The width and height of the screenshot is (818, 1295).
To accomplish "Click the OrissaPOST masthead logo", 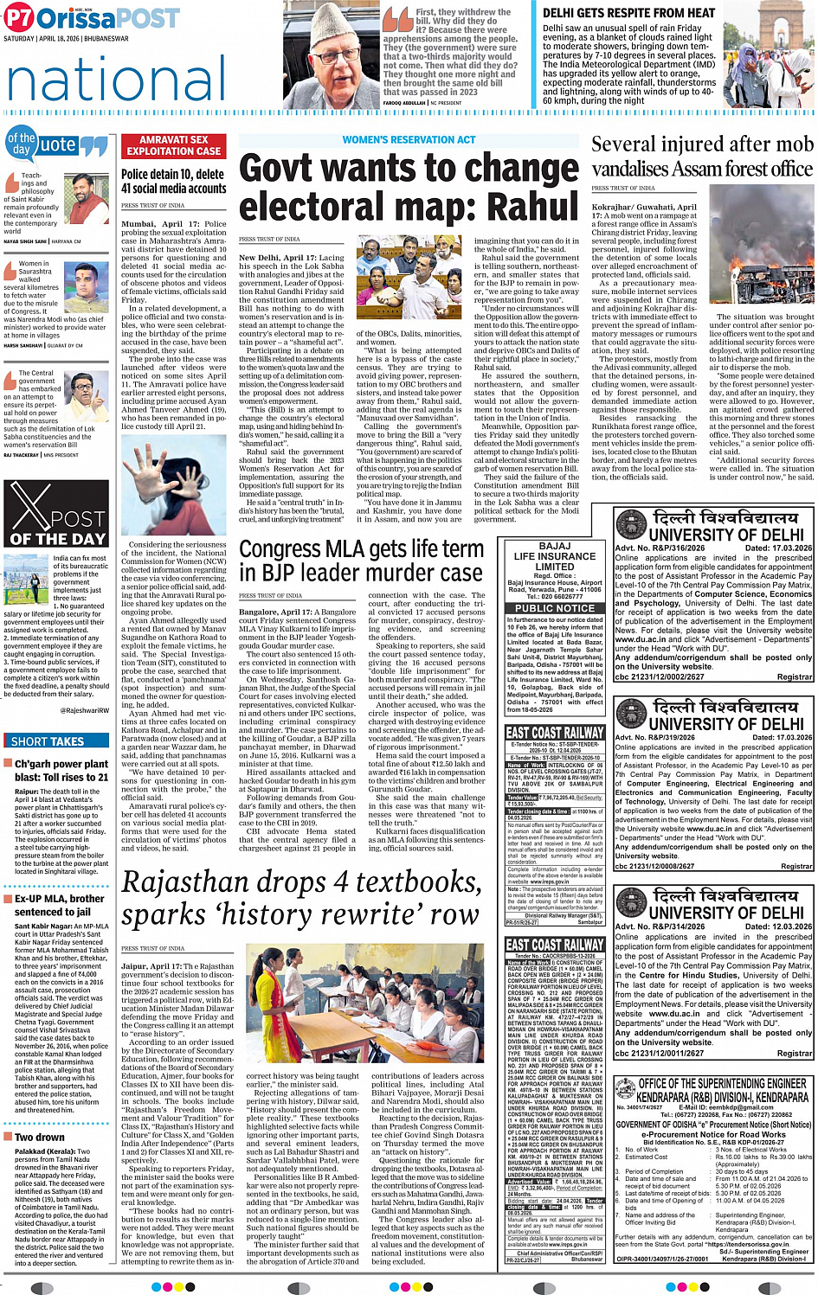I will tap(92, 17).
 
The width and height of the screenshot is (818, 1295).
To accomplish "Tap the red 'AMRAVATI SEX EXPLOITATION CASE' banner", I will tap(173, 144).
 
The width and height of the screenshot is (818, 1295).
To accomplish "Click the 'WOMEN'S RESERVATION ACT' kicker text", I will tap(409, 139).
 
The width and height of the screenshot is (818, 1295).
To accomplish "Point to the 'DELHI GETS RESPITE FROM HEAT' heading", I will tap(628, 13).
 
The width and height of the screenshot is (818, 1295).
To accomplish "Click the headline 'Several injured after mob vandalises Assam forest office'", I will tap(701, 156).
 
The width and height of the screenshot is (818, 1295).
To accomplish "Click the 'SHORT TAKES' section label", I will tap(48, 740).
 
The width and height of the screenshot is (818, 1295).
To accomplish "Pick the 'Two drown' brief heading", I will tap(39, 1137).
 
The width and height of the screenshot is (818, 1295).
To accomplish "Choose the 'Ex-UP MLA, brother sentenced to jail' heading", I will tap(59, 905).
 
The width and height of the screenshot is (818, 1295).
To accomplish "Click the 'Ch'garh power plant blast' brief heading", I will tap(61, 770).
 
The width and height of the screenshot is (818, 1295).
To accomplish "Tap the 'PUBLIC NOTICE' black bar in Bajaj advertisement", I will tap(555, 608).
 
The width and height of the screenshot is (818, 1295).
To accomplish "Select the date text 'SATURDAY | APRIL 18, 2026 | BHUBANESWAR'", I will tap(66, 39).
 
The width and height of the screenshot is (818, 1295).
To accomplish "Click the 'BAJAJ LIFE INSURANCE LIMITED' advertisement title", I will tap(555, 556).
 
